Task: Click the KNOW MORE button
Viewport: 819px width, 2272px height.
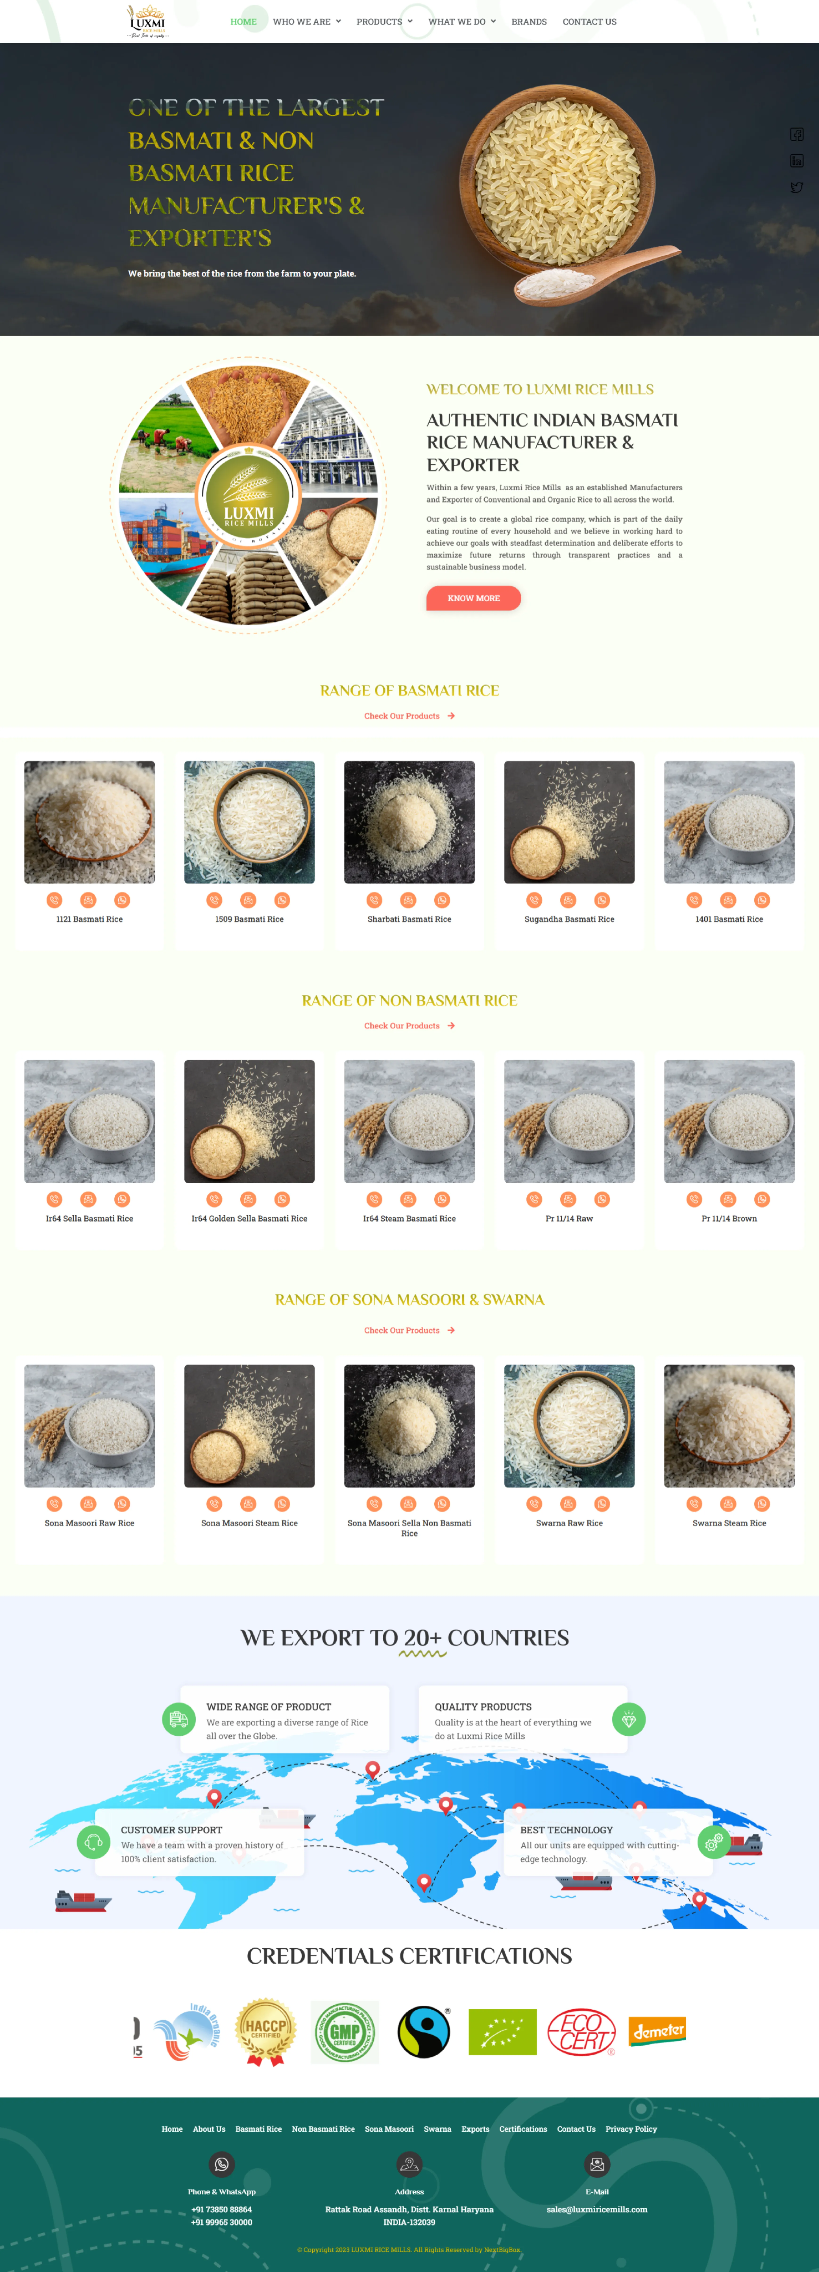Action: coord(473,598)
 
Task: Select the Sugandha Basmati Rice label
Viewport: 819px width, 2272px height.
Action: coord(569,919)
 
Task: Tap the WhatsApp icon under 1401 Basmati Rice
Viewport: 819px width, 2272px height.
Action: coord(762,900)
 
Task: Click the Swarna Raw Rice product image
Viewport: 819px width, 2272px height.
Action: coord(569,1425)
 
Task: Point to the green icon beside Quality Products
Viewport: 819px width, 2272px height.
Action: coord(628,1719)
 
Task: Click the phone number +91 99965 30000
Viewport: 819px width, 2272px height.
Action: coord(221,2222)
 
